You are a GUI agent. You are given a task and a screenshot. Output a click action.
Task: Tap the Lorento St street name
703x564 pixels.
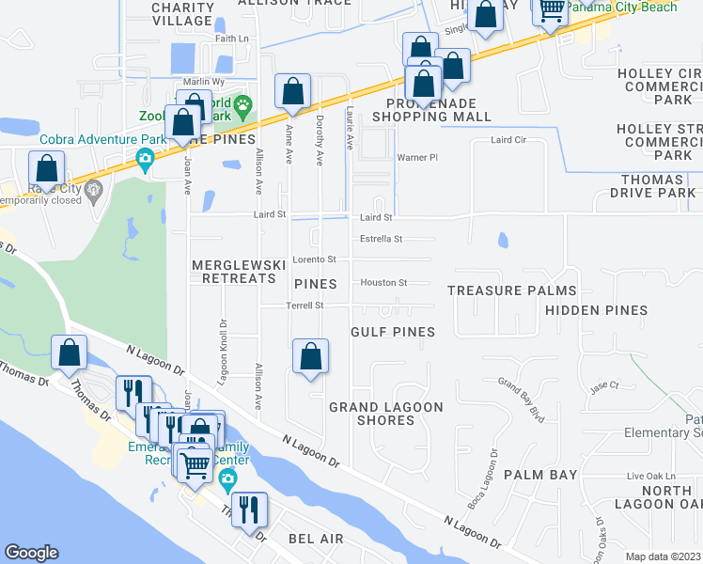314,258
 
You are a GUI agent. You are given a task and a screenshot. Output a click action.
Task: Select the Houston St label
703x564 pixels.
383,282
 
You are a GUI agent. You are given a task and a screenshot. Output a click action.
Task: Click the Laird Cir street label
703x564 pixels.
508,140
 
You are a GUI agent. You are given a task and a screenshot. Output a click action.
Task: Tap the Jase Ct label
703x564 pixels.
604,385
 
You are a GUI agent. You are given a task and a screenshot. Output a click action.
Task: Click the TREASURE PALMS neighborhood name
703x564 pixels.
511,291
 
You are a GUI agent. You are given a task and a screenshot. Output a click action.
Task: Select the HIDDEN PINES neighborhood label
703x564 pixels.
596,310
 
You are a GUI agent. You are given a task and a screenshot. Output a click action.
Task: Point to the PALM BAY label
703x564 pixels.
540,475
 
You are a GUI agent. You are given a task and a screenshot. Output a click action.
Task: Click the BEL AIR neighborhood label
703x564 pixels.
316,540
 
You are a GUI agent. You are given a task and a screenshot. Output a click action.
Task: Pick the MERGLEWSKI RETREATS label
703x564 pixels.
239,272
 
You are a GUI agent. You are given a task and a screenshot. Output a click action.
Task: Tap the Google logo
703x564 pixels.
31,553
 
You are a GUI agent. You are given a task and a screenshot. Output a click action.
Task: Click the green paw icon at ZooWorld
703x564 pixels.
244,103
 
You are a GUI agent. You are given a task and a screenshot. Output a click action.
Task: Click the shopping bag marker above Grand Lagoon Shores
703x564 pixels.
310,356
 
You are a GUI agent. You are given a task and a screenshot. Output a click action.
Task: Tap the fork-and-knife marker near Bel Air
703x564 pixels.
249,509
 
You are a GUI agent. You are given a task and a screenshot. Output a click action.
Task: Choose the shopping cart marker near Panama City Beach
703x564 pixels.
552,9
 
